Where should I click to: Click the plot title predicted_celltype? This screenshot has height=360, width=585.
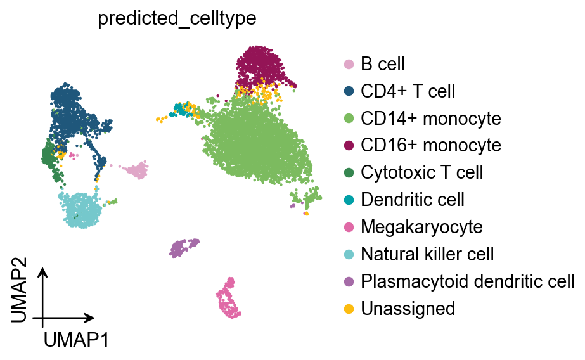click(x=176, y=19)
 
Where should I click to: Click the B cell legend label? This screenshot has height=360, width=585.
click(x=382, y=64)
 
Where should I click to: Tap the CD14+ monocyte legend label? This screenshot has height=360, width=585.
click(x=430, y=119)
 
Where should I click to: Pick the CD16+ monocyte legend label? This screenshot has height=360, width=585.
click(x=430, y=145)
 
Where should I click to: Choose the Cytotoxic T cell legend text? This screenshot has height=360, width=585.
click(x=421, y=172)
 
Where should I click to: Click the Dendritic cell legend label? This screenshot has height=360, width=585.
click(x=412, y=200)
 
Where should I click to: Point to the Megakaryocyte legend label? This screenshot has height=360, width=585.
click(x=421, y=227)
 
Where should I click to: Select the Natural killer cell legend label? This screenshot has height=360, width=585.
click(x=427, y=254)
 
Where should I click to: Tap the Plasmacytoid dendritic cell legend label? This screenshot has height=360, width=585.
click(x=467, y=281)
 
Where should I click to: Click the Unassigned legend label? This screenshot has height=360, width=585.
click(x=408, y=309)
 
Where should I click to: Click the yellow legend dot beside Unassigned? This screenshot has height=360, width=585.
click(x=349, y=309)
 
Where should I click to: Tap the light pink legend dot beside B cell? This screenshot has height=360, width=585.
click(x=349, y=64)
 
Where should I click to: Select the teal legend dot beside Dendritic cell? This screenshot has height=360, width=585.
click(x=349, y=200)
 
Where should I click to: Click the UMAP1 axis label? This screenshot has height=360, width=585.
click(x=76, y=340)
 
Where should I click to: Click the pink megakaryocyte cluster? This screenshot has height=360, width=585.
click(x=229, y=299)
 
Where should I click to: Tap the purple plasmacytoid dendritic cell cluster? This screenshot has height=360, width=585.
click(x=183, y=247)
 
